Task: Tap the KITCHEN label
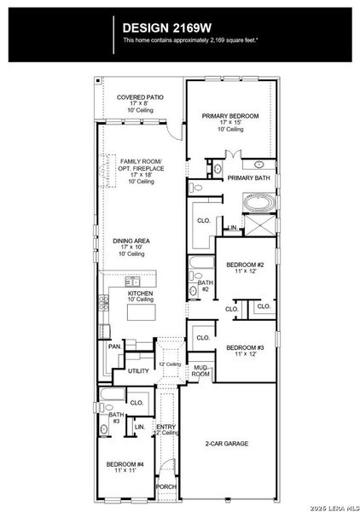click(x=141, y=295)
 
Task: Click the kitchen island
click(x=142, y=313)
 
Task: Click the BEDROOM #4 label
click(x=125, y=466)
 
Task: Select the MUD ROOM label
click(x=200, y=370)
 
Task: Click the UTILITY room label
click(x=138, y=371)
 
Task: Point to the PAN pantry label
click(x=113, y=346)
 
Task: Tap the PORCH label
click(x=166, y=486)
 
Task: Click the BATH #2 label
click(x=205, y=286)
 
